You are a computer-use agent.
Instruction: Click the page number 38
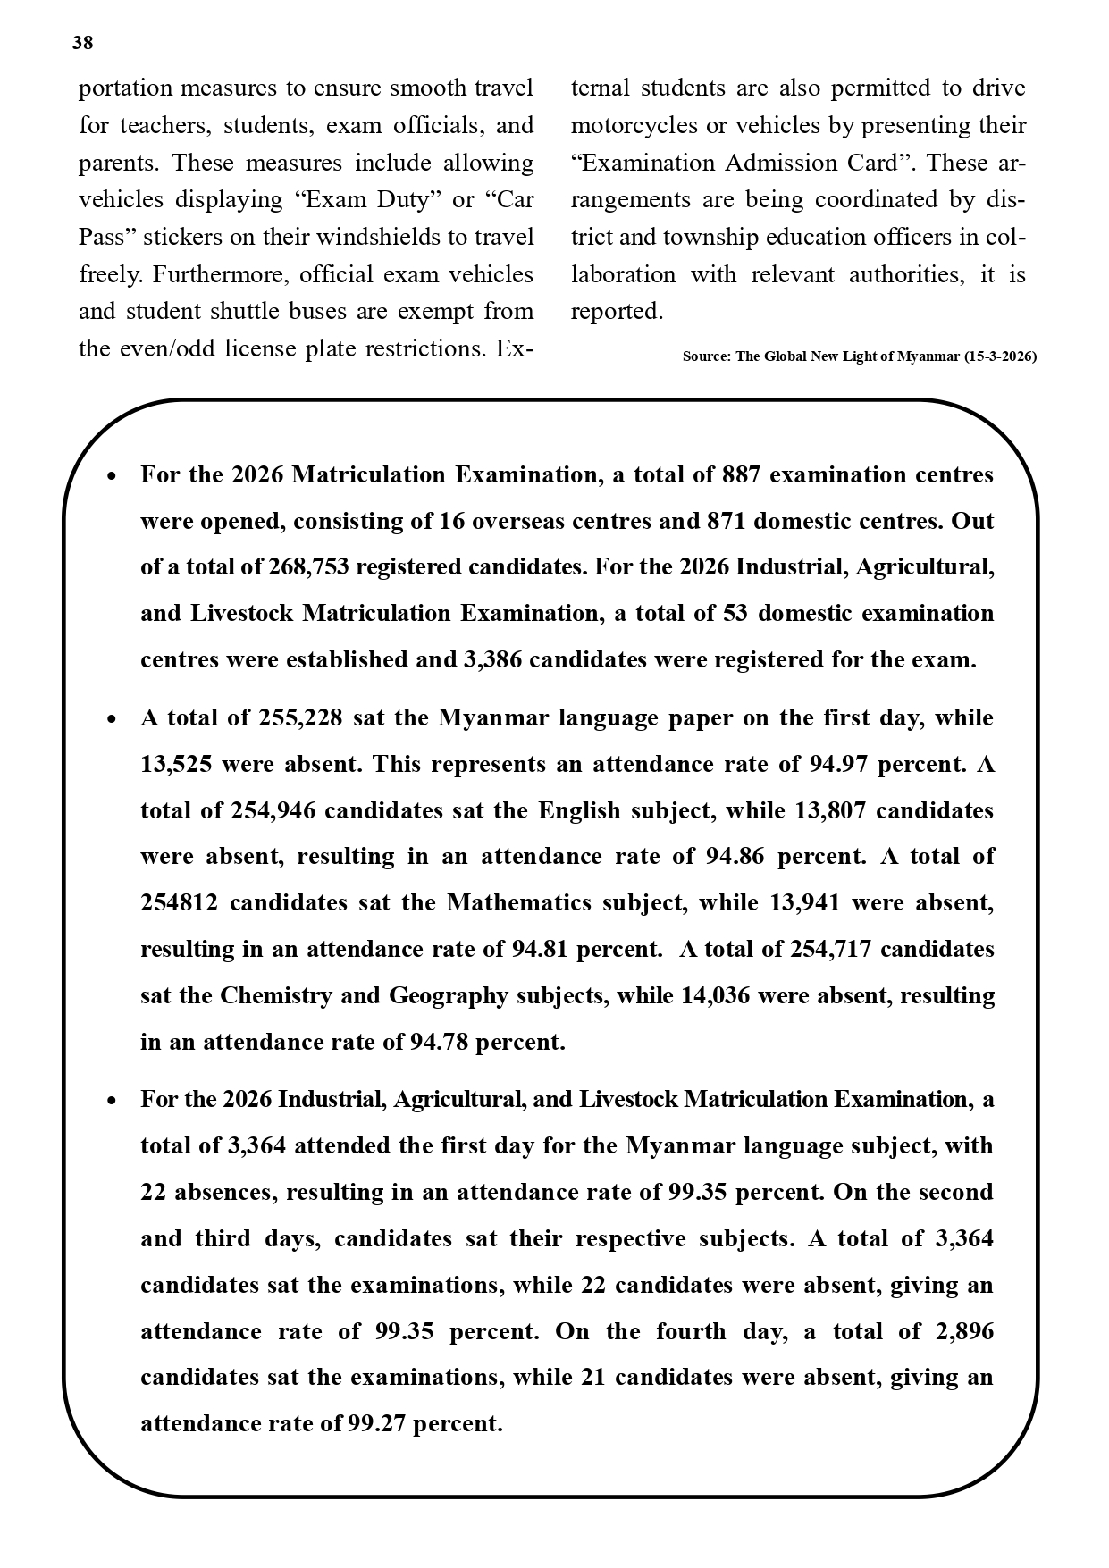[x=82, y=43]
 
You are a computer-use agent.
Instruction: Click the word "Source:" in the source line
[x=707, y=356]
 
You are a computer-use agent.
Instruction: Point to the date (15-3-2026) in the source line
[x=1000, y=356]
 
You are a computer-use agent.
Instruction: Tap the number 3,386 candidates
[x=493, y=660]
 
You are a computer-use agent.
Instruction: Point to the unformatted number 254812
[x=179, y=903]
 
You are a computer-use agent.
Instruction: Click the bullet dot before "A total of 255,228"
[x=111, y=719]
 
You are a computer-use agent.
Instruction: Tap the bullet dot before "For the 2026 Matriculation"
[x=111, y=476]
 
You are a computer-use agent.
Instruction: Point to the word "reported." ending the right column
[x=617, y=312]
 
